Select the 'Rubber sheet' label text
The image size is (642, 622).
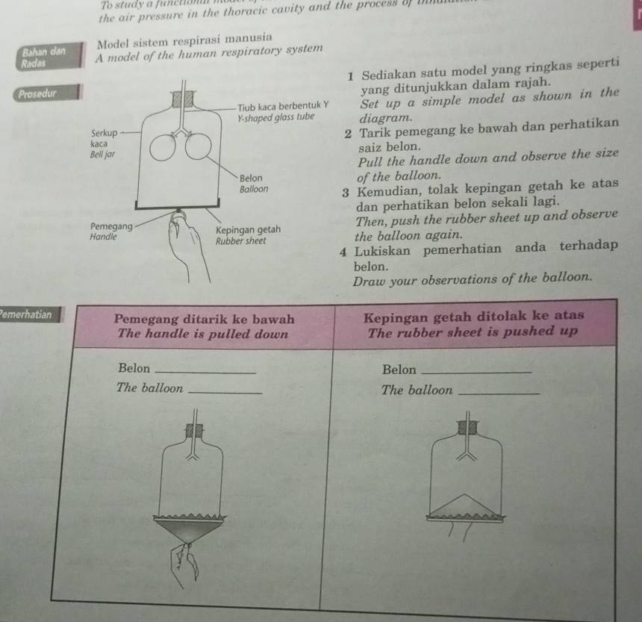coord(240,241)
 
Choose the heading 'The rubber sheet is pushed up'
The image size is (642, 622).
coord(473,332)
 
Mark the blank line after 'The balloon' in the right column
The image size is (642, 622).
coord(497,392)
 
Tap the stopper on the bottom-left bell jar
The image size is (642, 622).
coord(196,432)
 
